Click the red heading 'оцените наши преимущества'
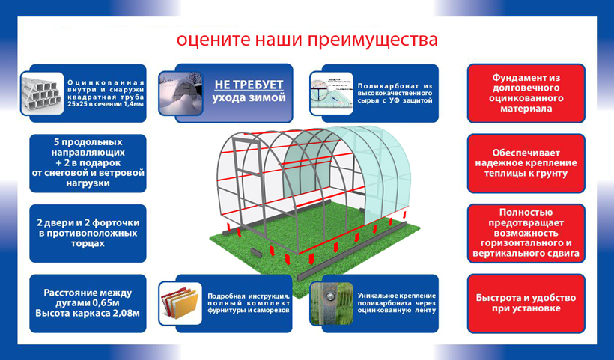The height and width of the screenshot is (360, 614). tap(306, 40)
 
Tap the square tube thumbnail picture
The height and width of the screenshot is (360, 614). tap(42, 94)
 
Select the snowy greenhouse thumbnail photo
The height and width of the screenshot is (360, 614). tap(180, 94)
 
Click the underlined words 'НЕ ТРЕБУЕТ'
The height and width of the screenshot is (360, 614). tap(249, 85)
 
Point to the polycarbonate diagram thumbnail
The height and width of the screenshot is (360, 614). tap(331, 94)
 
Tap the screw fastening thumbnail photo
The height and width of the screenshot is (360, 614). tap(331, 304)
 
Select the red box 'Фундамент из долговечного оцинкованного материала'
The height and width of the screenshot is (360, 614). tap(526, 94)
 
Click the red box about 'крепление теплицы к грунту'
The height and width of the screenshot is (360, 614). tap(526, 164)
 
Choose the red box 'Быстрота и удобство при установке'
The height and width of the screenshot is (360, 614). tap(526, 304)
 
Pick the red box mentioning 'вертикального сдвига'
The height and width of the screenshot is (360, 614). tap(526, 234)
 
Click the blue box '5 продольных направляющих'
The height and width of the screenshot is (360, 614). tap(88, 164)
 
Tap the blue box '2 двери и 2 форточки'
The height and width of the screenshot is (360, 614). tap(88, 234)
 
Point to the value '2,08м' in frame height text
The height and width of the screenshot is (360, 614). tap(127, 314)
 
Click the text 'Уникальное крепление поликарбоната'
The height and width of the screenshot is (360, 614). tap(396, 299)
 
